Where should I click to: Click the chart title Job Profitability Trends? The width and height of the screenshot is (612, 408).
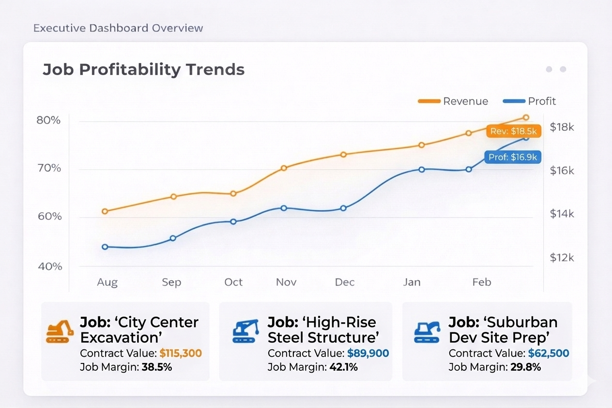pos(143,69)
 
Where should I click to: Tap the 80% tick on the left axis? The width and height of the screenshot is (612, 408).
pos(48,120)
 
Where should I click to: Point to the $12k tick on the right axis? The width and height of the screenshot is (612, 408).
pos(562,257)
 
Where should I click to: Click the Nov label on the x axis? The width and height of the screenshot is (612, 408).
pos(286,282)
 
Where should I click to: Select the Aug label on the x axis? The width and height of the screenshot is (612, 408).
pos(107,282)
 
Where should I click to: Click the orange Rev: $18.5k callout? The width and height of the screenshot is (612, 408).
pos(513,131)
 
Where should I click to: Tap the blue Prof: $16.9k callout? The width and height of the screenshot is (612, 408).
pos(513,157)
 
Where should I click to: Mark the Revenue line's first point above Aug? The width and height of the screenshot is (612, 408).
pos(105,211)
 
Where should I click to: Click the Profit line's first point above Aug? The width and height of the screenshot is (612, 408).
pos(105,247)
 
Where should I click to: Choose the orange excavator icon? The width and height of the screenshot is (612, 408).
pos(60,331)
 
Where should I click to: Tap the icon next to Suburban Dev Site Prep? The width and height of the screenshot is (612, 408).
pos(427,331)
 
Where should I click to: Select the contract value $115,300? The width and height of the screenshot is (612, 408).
pos(181,353)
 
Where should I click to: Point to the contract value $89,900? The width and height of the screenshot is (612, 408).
pos(368,353)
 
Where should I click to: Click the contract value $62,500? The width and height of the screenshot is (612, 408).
pos(549,353)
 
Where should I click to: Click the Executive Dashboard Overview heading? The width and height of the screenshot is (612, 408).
pos(118,28)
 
